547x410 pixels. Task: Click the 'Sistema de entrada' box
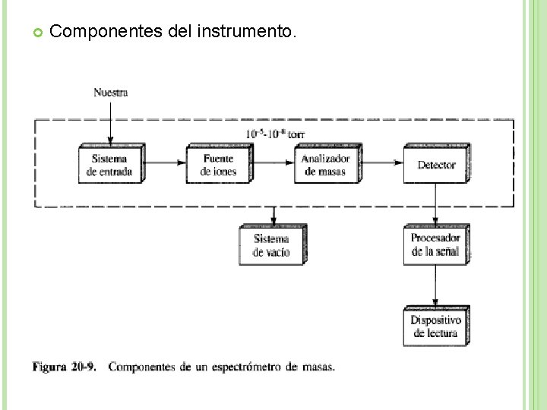109,165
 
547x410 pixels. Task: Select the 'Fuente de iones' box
219,165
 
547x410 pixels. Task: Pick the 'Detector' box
435,165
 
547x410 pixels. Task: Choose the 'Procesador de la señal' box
435,244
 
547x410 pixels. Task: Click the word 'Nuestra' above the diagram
111,93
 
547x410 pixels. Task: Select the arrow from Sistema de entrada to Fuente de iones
164,162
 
